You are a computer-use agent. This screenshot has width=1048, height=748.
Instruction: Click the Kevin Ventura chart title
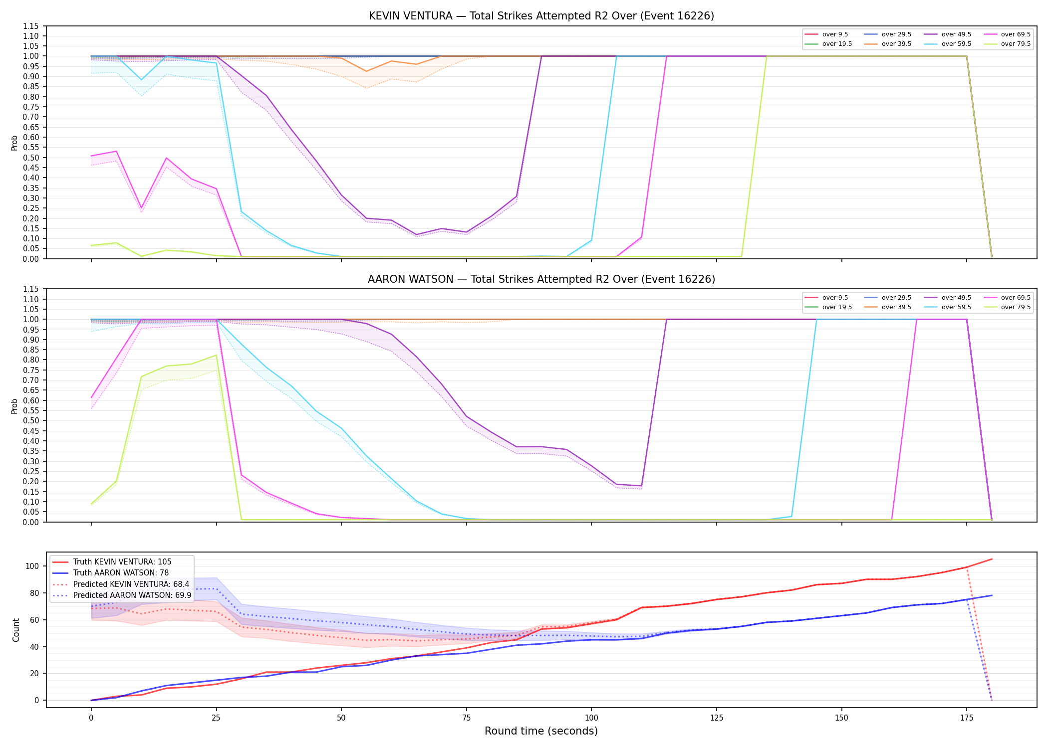pyautogui.click(x=541, y=16)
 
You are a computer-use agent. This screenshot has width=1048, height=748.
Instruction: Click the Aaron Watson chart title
pyautogui.click(x=541, y=279)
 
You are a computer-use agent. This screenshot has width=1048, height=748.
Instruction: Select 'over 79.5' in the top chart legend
pyautogui.click(x=1016, y=44)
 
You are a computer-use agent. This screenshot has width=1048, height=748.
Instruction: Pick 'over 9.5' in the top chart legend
pyautogui.click(x=835, y=34)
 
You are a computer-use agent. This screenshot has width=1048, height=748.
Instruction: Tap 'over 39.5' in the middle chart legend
pyautogui.click(x=896, y=307)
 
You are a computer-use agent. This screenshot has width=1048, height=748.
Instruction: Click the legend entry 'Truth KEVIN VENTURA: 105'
pyautogui.click(x=122, y=562)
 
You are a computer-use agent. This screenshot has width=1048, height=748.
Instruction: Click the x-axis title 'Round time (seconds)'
pyautogui.click(x=541, y=731)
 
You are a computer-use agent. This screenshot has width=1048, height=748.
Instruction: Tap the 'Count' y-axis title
pyautogui.click(x=16, y=630)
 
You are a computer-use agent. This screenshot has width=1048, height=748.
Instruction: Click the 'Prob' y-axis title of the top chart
pyautogui.click(x=14, y=143)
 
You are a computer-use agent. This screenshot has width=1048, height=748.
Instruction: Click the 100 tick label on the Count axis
pyautogui.click(x=32, y=566)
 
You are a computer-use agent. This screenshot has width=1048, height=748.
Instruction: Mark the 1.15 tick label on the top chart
pyautogui.click(x=30, y=26)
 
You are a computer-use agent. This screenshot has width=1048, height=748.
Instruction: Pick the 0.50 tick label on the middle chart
pyautogui.click(x=30, y=420)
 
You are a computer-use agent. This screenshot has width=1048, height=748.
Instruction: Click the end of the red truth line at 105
pyautogui.click(x=992, y=559)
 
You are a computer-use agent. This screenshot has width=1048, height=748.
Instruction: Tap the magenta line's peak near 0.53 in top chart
pyautogui.click(x=116, y=151)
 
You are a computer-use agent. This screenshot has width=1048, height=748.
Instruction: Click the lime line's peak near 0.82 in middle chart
pyautogui.click(x=216, y=355)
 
